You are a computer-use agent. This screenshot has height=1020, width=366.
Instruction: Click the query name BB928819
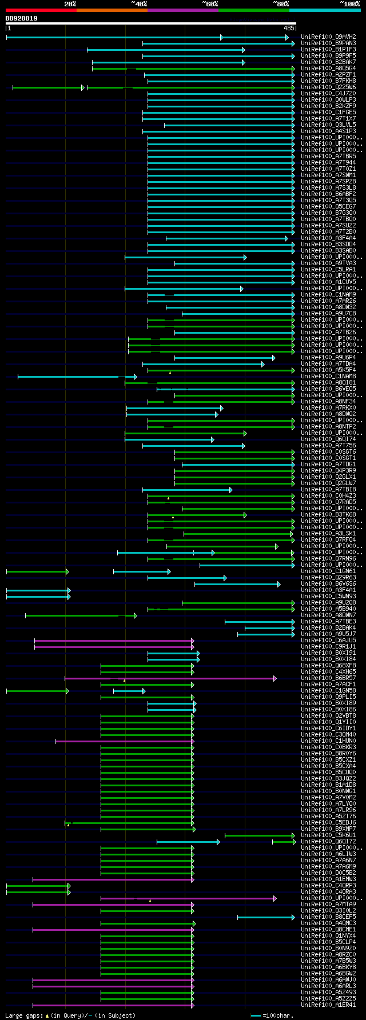pos(22,18)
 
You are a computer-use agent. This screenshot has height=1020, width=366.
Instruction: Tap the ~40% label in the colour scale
pos(139,4)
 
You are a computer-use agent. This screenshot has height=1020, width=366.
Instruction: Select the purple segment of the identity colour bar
pos(182,10)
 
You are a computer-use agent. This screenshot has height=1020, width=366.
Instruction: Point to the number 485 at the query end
pos(289,28)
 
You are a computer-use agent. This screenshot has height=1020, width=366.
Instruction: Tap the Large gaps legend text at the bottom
pos(70,1015)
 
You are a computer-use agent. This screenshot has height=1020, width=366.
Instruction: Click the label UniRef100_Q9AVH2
pos(328,37)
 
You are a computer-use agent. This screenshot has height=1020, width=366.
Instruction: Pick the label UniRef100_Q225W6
pos(328,87)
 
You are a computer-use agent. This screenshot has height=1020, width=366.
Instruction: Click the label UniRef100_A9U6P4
pos(328,358)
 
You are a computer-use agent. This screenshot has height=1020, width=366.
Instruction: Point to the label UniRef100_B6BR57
pos(328,678)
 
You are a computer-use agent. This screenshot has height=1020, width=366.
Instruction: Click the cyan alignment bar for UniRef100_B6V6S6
pos(237,584)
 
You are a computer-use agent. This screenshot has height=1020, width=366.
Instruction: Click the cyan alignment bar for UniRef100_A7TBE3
pos(260,622)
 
